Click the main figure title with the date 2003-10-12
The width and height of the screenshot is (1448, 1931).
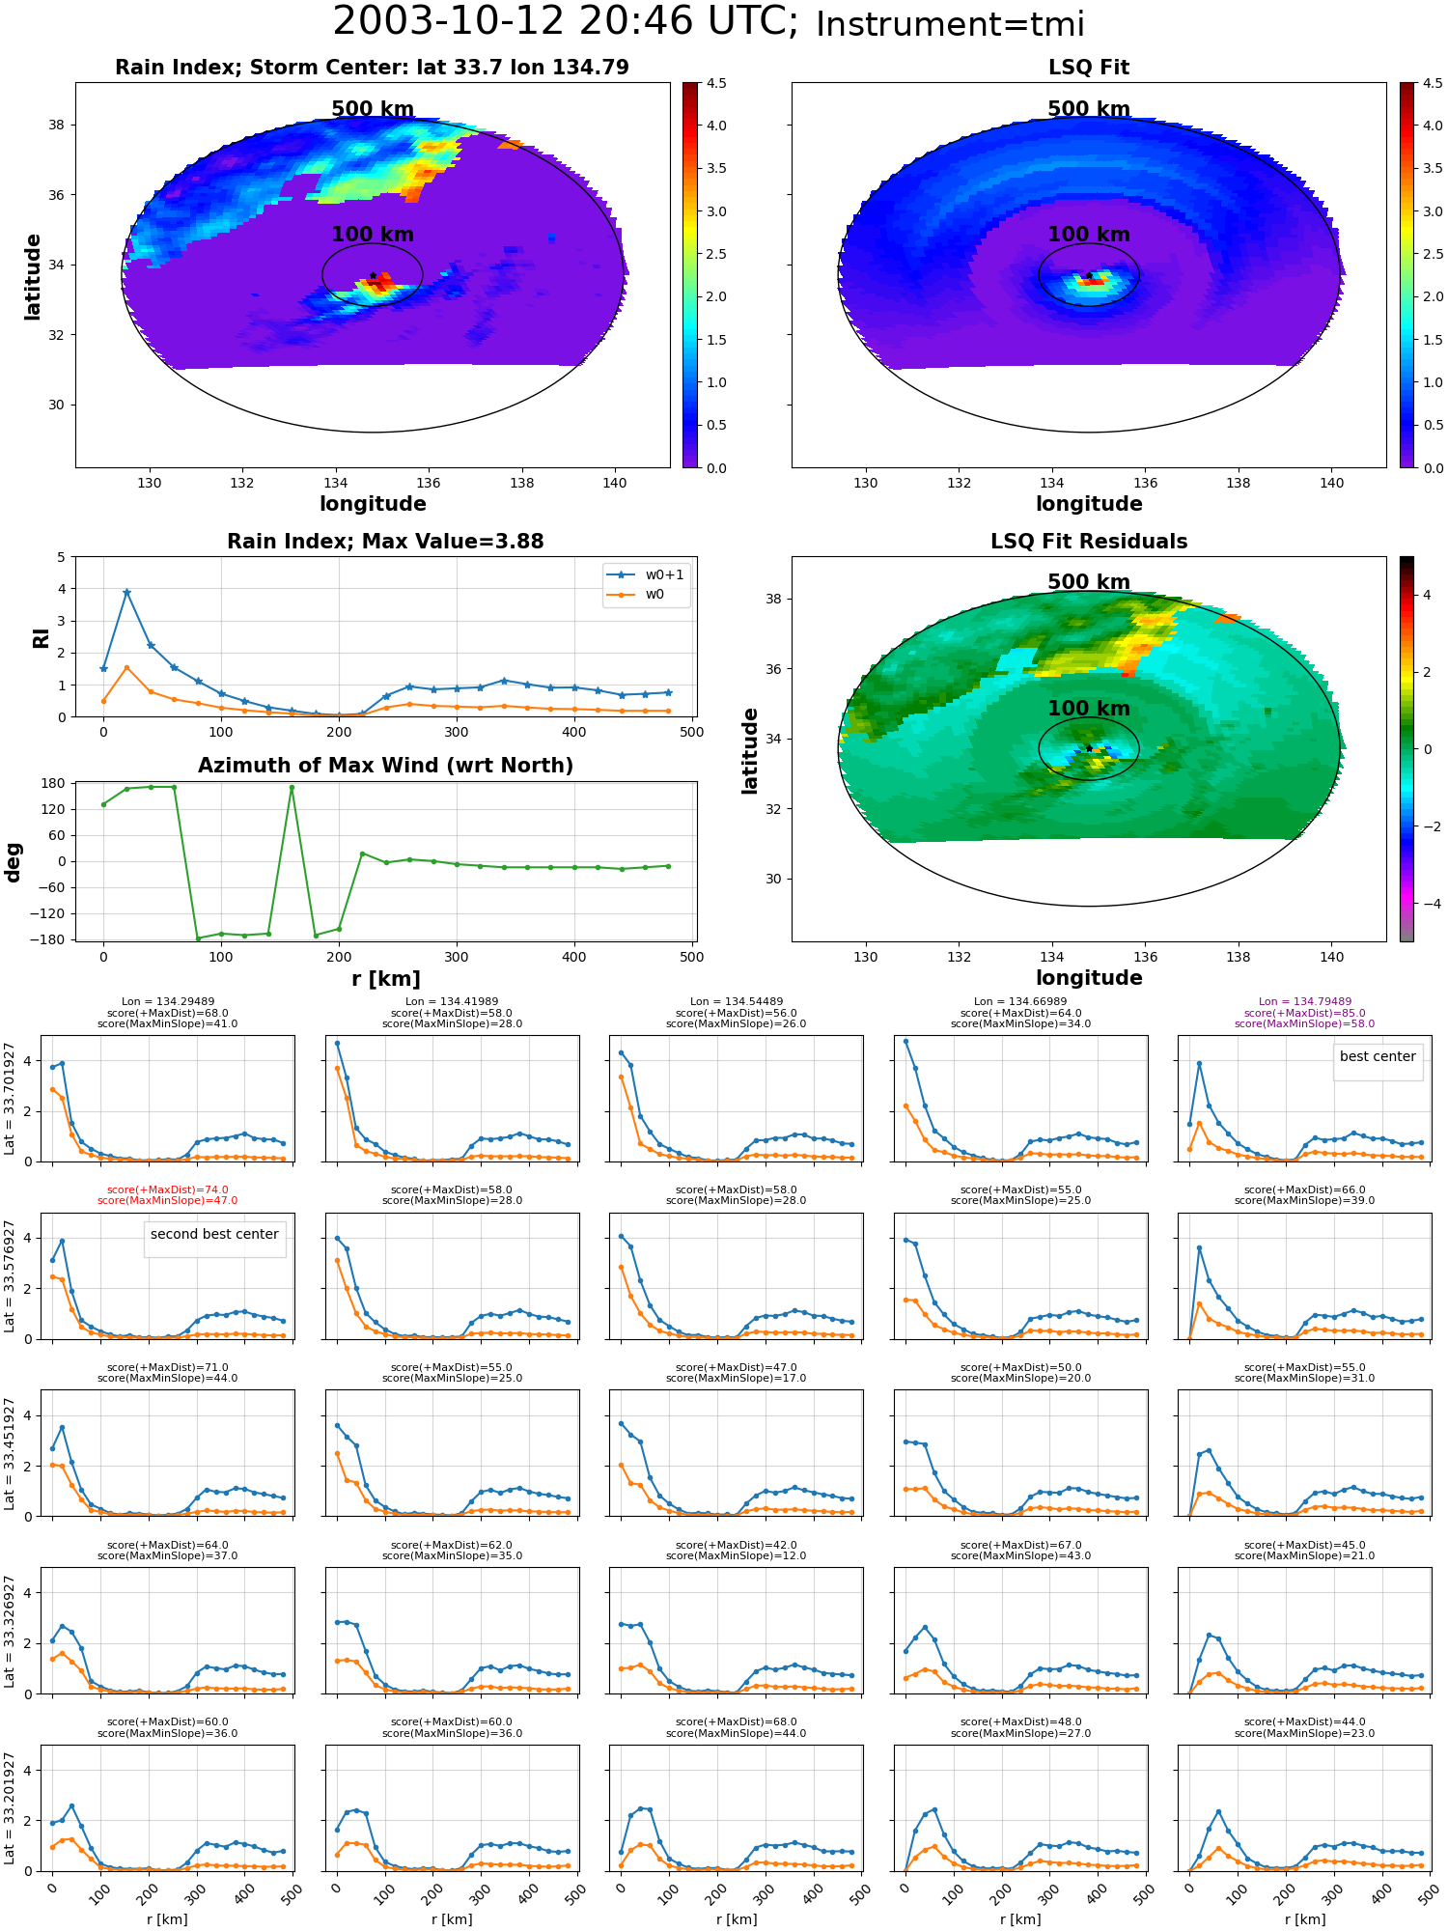pos(709,22)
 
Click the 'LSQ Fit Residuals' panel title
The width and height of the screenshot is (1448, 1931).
pos(1089,542)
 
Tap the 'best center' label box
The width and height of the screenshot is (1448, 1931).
pos(1378,1057)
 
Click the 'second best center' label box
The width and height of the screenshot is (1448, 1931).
pos(214,1235)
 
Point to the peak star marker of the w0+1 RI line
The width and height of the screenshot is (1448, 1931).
pos(126,592)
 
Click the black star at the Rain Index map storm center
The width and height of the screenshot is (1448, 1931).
pos(373,275)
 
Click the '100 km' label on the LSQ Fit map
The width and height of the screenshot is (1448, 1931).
pos(1089,235)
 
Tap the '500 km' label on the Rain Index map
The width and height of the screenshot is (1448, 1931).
pos(373,109)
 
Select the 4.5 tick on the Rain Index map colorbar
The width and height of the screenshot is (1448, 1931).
pos(716,83)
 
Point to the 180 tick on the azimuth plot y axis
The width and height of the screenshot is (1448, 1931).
pos(53,783)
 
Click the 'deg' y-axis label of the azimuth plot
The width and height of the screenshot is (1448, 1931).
pos(14,861)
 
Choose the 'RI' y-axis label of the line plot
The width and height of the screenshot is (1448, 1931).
pos(41,638)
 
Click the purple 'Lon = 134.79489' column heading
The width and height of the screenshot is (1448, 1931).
pos(1304,1002)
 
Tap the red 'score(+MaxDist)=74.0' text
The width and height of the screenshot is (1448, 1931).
pos(168,1190)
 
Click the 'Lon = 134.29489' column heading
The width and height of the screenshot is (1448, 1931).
pos(168,1002)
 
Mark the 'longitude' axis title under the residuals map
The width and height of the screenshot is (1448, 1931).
pos(1089,978)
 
